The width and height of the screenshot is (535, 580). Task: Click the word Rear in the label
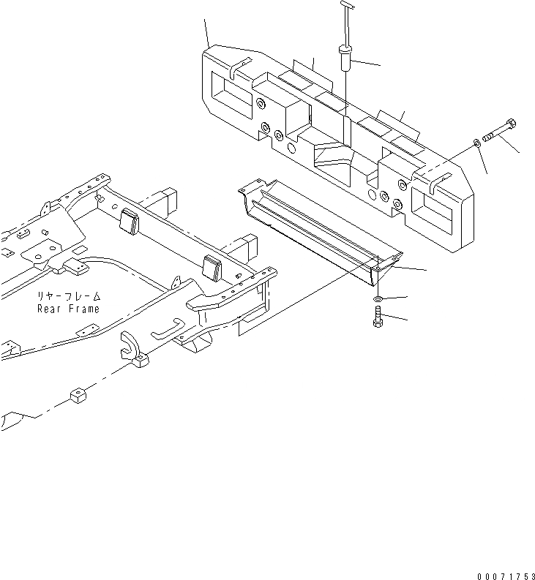click(50, 309)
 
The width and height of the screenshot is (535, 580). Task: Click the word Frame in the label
click(83, 309)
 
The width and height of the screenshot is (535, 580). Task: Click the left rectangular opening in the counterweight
click(232, 88)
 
